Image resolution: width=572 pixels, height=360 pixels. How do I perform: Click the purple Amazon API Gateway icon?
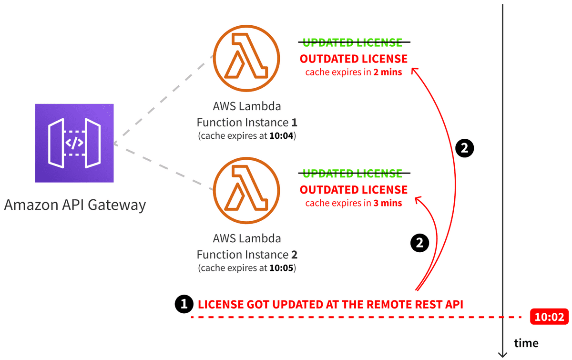pyautogui.click(x=74, y=143)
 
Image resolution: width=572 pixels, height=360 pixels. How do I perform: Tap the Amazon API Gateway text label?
pyautogui.click(x=75, y=205)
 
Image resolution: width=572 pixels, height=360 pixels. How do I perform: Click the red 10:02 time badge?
pyautogui.click(x=549, y=317)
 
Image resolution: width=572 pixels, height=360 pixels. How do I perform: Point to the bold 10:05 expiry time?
pyautogui.click(x=282, y=268)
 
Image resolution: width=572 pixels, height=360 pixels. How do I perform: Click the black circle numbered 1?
pyautogui.click(x=184, y=304)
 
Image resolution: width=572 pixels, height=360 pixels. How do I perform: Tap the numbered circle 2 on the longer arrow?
pyautogui.click(x=465, y=149)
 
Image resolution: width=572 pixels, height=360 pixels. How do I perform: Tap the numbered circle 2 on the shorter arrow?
pyautogui.click(x=419, y=243)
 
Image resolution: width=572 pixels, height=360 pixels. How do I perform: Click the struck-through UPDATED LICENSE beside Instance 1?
pyautogui.click(x=353, y=42)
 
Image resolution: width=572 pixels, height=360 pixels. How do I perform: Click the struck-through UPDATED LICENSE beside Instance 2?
pyautogui.click(x=353, y=173)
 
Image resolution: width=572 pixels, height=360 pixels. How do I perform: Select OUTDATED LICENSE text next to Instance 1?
pyautogui.click(x=353, y=59)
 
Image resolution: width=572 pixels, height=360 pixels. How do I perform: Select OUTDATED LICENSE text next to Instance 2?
pyautogui.click(x=353, y=189)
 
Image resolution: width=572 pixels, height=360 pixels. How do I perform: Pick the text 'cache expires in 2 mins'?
pyautogui.click(x=353, y=72)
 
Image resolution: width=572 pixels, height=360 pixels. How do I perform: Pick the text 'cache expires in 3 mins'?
pyautogui.click(x=353, y=203)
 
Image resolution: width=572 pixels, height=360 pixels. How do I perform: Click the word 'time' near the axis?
pyautogui.click(x=526, y=343)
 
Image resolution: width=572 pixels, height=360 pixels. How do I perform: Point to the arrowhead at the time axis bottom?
pyautogui.click(x=502, y=354)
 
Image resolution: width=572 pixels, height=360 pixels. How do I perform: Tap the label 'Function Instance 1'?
pyautogui.click(x=247, y=123)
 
